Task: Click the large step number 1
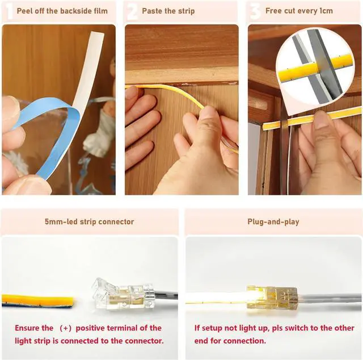click(x=10, y=12)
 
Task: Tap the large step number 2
click(x=132, y=12)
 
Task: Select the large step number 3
click(x=255, y=12)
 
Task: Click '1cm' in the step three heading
click(x=326, y=11)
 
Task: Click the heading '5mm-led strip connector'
click(x=90, y=222)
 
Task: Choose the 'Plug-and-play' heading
click(x=273, y=222)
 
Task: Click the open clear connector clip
click(x=123, y=294)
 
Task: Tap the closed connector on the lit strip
click(x=272, y=298)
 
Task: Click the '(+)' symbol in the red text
click(x=65, y=328)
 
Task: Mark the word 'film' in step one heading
click(x=101, y=11)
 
